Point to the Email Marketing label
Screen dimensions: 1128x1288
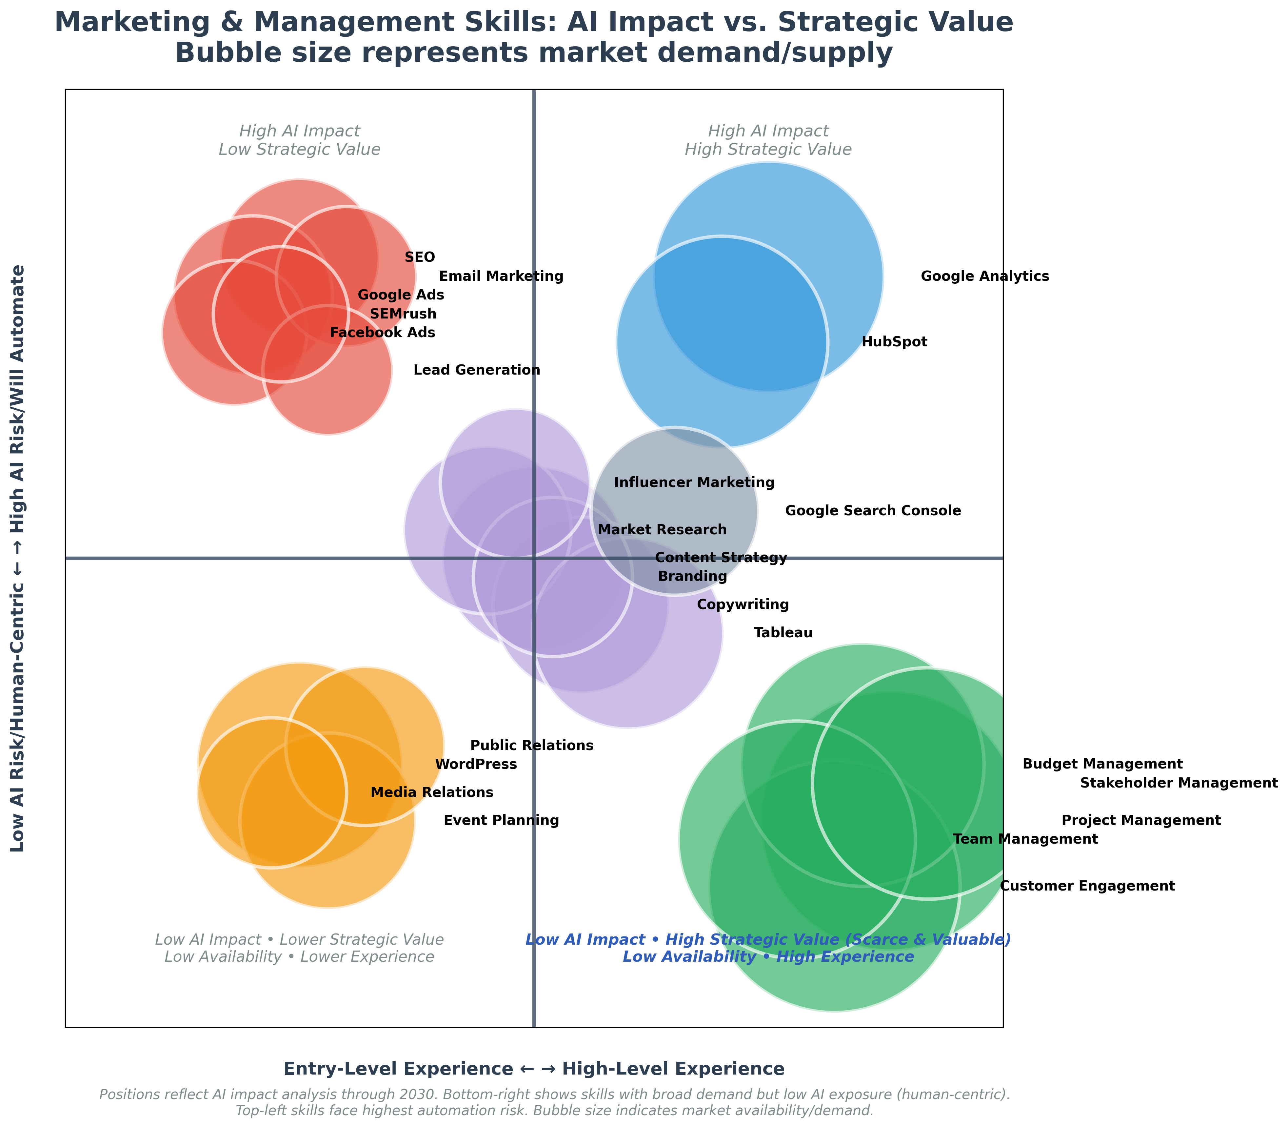pos(501,276)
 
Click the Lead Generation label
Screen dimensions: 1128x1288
pos(476,370)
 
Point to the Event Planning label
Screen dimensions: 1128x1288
pos(501,821)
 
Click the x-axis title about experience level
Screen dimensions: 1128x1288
pos(534,1069)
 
